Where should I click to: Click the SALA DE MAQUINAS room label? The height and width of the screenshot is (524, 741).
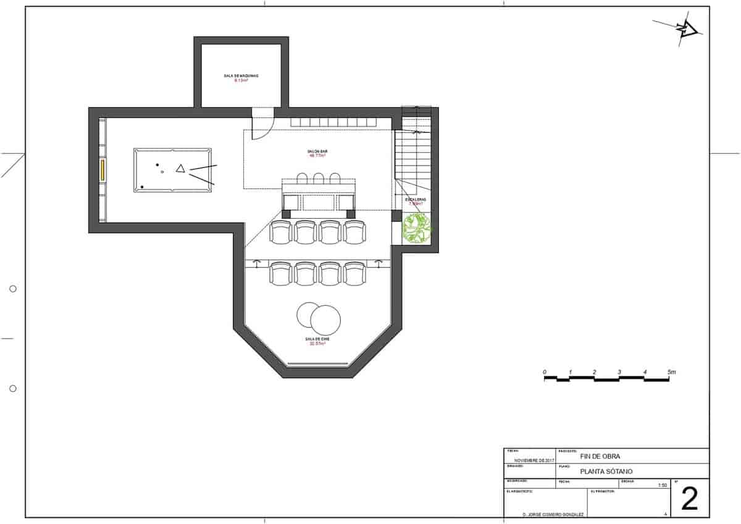[x=241, y=76]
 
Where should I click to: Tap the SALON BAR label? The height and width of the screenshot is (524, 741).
[x=317, y=151]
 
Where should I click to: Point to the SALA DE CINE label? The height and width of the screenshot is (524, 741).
[x=317, y=339]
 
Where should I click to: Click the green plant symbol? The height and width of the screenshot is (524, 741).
[x=417, y=227]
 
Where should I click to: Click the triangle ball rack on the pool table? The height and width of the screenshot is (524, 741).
[x=180, y=168]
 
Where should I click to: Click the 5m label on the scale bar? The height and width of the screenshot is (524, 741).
[x=672, y=372]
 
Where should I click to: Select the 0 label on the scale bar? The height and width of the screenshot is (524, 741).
[x=544, y=372]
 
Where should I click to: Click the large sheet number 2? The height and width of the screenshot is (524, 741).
[x=689, y=498]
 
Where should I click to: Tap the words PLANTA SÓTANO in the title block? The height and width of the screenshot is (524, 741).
[x=606, y=471]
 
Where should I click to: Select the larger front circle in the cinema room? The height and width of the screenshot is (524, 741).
[x=325, y=319]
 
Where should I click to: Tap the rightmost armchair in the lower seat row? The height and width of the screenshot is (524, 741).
[x=354, y=273]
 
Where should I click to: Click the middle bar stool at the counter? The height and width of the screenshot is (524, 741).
[x=319, y=179]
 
